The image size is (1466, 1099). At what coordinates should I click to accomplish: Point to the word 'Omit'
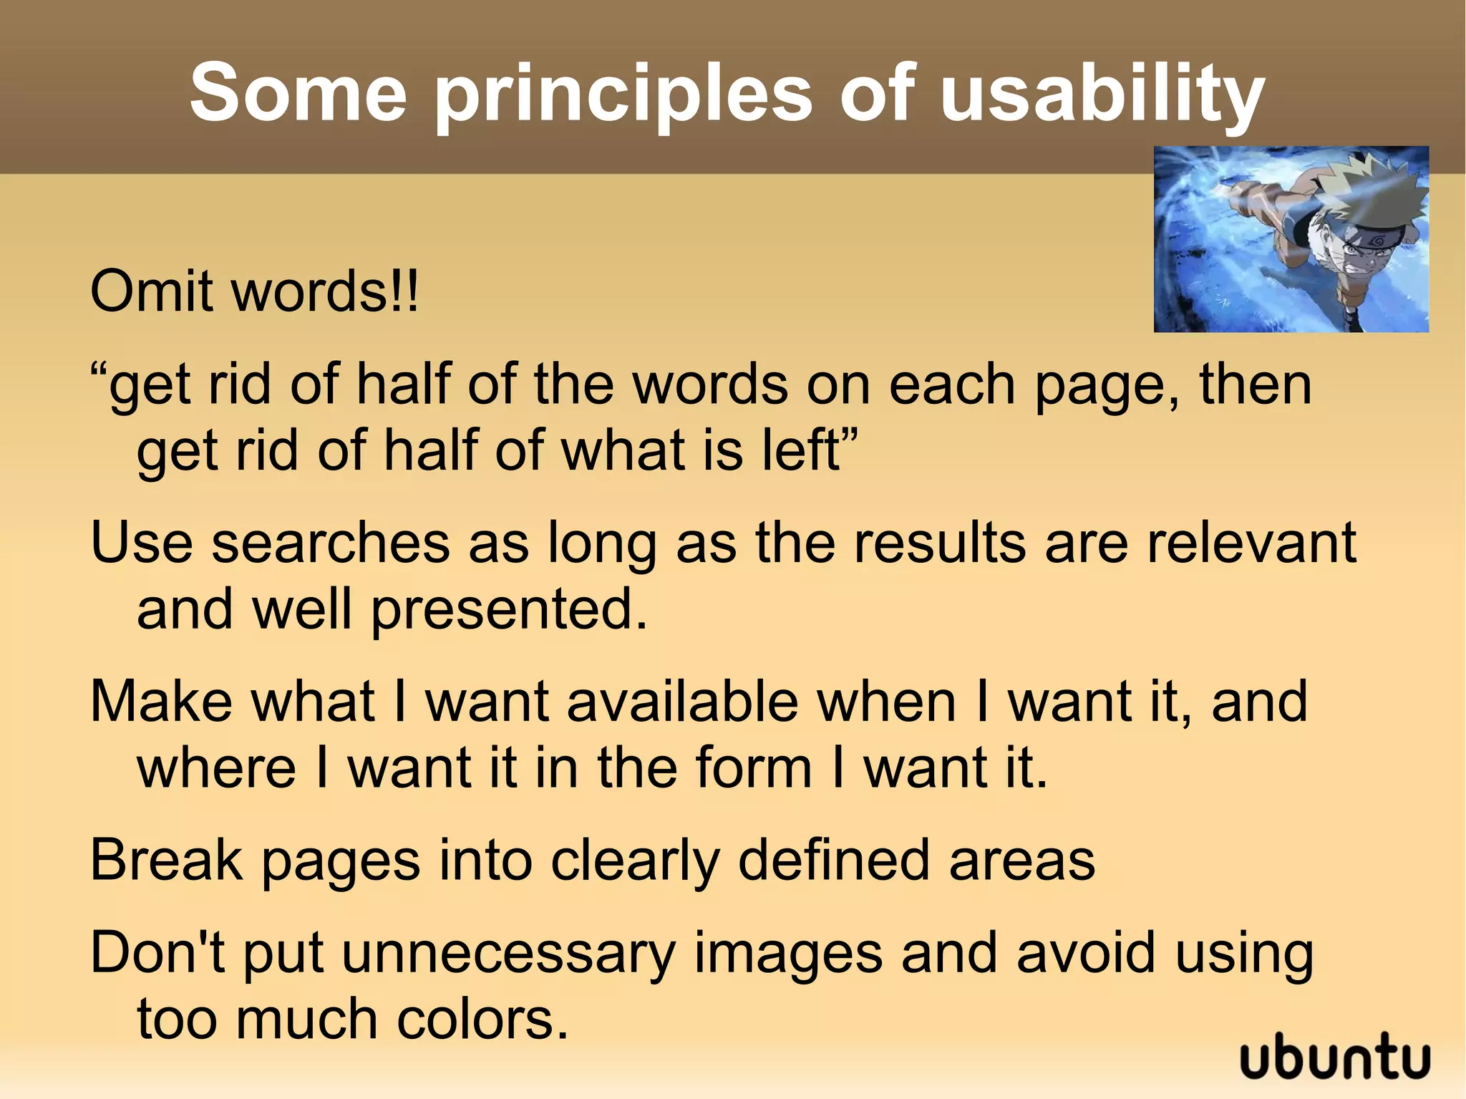point(151,292)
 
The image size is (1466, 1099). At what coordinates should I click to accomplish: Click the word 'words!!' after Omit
point(326,292)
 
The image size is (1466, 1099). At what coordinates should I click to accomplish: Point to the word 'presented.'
point(509,609)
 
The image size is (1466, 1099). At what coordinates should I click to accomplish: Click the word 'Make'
point(161,702)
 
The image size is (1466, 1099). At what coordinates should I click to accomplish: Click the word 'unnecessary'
point(509,954)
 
